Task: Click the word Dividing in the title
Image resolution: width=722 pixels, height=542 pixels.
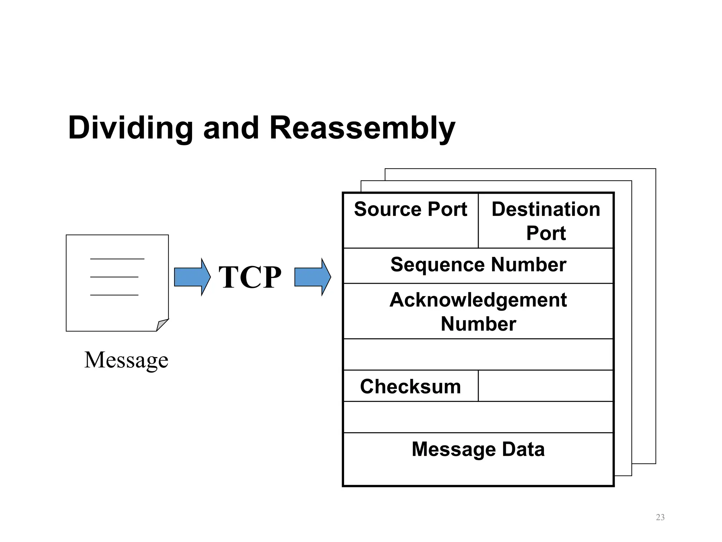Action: click(130, 128)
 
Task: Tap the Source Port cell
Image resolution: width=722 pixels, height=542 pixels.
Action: click(410, 221)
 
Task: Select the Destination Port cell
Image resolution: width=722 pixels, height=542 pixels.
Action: click(546, 221)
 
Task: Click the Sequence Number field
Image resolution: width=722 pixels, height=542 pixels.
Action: click(478, 265)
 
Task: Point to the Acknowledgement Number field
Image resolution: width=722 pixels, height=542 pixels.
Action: click(478, 311)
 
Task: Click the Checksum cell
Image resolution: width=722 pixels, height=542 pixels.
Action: click(410, 386)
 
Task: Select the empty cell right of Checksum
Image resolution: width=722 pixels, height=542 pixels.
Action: click(546, 386)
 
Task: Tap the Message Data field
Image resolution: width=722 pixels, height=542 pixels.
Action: click(478, 459)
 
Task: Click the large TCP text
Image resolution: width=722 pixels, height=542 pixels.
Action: click(250, 277)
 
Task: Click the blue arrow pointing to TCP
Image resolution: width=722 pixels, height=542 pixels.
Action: click(192, 277)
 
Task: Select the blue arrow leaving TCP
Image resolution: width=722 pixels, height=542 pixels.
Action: click(312, 277)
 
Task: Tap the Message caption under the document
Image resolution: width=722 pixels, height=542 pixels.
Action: click(126, 360)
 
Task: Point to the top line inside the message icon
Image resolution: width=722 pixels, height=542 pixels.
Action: click(117, 259)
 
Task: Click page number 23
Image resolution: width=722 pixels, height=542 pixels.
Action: click(660, 517)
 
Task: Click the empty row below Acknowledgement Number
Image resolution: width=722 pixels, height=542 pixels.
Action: click(478, 354)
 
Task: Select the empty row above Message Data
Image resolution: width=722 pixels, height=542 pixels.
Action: click(478, 417)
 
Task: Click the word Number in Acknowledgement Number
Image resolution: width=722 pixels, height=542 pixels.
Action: click(478, 324)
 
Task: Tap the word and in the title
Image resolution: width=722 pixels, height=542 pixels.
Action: click(231, 128)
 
